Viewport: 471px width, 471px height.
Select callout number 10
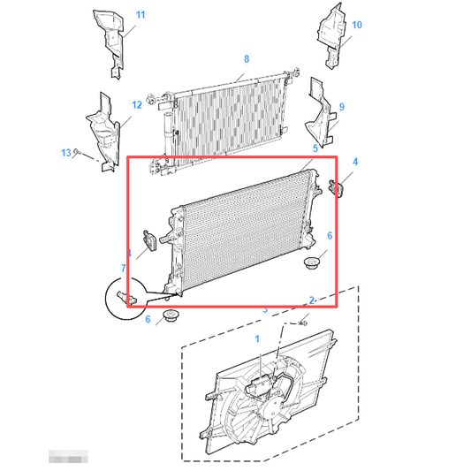point(357,26)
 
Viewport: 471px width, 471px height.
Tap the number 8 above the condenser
point(247,59)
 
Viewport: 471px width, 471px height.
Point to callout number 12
point(137,104)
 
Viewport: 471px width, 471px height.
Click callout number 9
point(341,107)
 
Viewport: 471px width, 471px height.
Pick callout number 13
point(65,153)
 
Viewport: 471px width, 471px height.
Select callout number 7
point(124,267)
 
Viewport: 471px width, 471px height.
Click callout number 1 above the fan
point(258,338)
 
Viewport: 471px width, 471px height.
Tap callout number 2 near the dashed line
point(312,300)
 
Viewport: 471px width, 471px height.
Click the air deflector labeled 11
point(109,40)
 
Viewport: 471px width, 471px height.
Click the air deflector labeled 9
point(322,119)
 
